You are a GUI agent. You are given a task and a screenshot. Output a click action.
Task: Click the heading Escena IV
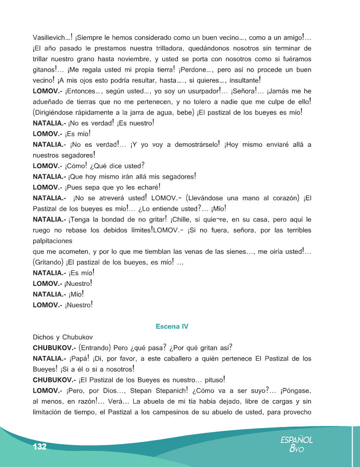pyautogui.click(x=172, y=326)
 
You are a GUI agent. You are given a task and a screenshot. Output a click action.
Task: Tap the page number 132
pyautogui.click(x=40, y=447)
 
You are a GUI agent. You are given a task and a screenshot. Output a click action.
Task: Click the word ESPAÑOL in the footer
pyautogui.click(x=296, y=439)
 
